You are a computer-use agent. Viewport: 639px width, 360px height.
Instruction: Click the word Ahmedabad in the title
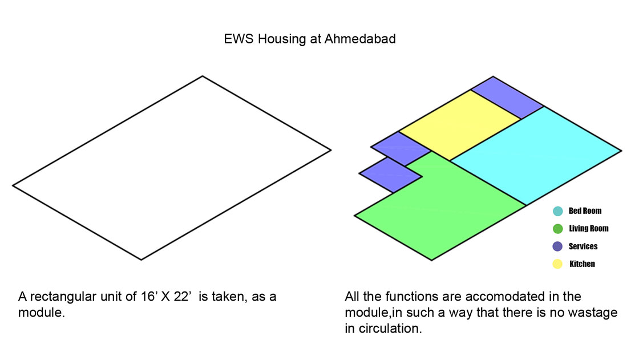(x=360, y=39)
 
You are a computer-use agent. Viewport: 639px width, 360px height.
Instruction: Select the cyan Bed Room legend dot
(x=557, y=211)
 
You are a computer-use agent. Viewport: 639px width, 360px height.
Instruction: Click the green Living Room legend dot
(x=557, y=229)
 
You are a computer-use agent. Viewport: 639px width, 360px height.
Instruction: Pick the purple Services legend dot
(x=557, y=246)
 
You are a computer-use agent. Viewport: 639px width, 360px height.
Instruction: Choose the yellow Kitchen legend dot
(x=557, y=264)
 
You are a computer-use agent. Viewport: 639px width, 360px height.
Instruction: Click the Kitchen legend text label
(x=582, y=264)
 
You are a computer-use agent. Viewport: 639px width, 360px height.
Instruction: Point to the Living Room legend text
(x=588, y=228)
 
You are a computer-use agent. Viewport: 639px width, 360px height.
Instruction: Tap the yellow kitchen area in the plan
(x=460, y=125)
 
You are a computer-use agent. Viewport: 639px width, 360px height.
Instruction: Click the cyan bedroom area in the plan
(x=536, y=155)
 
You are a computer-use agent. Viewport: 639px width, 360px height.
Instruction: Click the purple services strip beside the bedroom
(x=507, y=98)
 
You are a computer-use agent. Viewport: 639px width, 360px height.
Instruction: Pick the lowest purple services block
(x=390, y=175)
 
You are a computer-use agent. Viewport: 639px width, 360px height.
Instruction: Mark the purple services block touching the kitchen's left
(x=401, y=148)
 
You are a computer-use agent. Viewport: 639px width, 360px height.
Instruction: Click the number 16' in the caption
(x=149, y=297)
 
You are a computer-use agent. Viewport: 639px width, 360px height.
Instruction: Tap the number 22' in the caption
(x=182, y=297)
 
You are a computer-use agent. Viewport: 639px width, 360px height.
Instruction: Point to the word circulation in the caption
(x=390, y=329)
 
